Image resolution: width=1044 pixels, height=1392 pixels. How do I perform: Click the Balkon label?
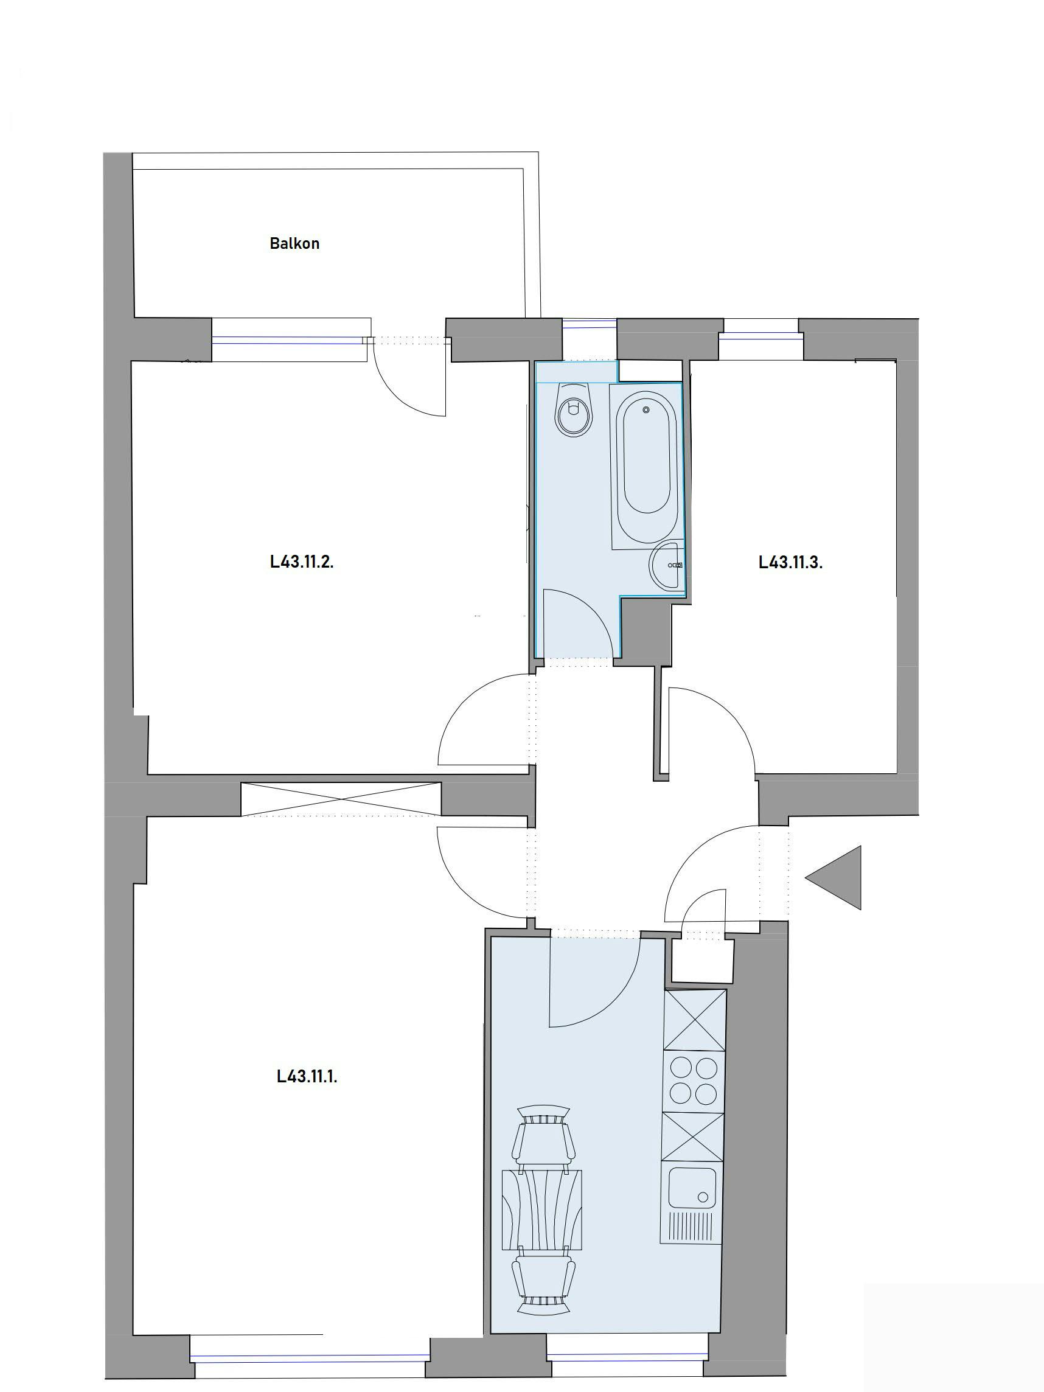click(x=294, y=243)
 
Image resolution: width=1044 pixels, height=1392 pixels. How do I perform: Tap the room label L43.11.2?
click(x=301, y=562)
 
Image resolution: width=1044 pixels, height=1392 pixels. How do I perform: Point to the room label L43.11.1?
click(x=307, y=1076)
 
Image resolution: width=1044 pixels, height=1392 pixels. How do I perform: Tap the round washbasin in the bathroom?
click(x=666, y=566)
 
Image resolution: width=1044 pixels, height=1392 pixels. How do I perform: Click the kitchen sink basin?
click(x=692, y=1189)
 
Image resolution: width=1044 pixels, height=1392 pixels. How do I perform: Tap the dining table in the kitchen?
click(x=541, y=1209)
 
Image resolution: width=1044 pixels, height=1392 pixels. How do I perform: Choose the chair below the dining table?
click(x=543, y=1282)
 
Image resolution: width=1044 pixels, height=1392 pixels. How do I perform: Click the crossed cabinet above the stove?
click(x=695, y=1020)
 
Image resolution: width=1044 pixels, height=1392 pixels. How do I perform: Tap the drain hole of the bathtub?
click(x=646, y=409)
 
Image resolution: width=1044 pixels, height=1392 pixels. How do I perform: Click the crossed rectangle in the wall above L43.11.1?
click(x=341, y=799)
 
